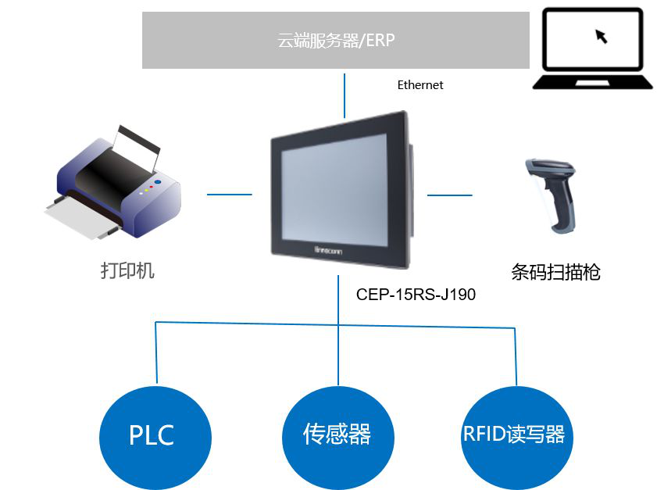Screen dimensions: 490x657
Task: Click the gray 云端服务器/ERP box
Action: pyautogui.click(x=336, y=40)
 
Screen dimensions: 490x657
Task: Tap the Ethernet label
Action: pyautogui.click(x=420, y=85)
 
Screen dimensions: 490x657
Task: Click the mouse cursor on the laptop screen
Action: pyautogui.click(x=601, y=36)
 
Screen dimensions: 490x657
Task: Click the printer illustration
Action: pyautogui.click(x=113, y=184)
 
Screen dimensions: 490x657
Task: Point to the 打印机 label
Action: pyautogui.click(x=127, y=271)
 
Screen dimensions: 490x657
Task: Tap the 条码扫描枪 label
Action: pyautogui.click(x=555, y=272)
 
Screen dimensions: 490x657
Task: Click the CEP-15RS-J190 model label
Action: pyautogui.click(x=416, y=295)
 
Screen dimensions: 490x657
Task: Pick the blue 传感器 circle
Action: pyautogui.click(x=337, y=435)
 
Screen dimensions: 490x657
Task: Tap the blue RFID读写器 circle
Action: pyautogui.click(x=514, y=435)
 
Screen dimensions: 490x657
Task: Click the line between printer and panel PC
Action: pyautogui.click(x=230, y=195)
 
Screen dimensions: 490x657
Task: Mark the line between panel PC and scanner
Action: pyautogui.click(x=450, y=195)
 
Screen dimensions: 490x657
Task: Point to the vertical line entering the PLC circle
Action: pyautogui.click(x=155, y=352)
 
